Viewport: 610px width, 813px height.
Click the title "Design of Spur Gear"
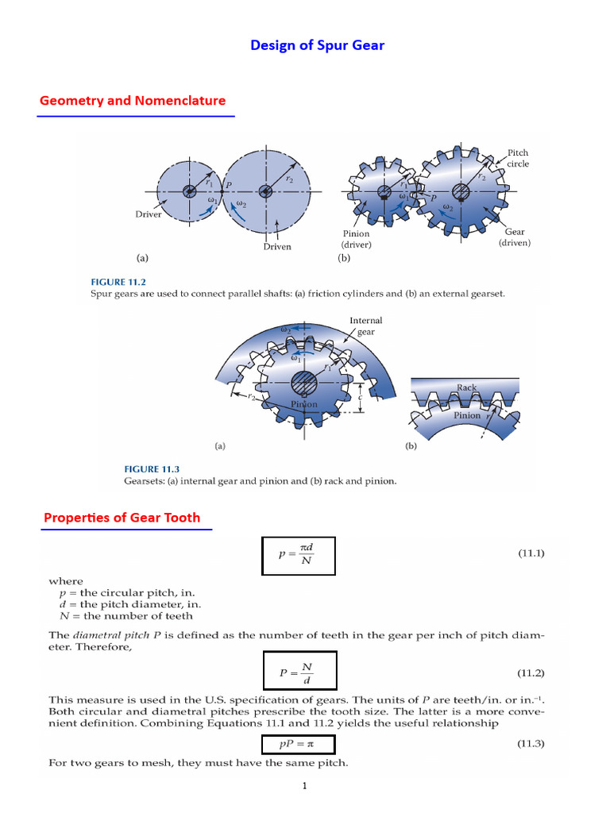[317, 45]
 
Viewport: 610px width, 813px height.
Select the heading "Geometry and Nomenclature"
[133, 101]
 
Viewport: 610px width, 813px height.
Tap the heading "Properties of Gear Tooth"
[122, 518]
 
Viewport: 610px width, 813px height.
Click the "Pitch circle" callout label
[518, 158]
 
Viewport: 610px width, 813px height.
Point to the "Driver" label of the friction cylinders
[149, 214]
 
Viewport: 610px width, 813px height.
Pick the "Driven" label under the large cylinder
[277, 246]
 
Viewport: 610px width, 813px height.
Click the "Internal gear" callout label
[365, 326]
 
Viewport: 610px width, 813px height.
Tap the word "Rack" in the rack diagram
[466, 387]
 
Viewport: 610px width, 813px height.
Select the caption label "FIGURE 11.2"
[119, 282]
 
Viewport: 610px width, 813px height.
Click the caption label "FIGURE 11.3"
[152, 469]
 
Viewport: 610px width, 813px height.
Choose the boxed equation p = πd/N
[299, 556]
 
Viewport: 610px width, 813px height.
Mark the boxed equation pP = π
[298, 745]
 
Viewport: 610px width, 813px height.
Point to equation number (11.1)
[531, 552]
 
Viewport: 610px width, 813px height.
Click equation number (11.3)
[531, 744]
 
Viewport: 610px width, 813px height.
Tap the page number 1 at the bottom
[304, 787]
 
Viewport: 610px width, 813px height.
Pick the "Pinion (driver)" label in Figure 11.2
[356, 240]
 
